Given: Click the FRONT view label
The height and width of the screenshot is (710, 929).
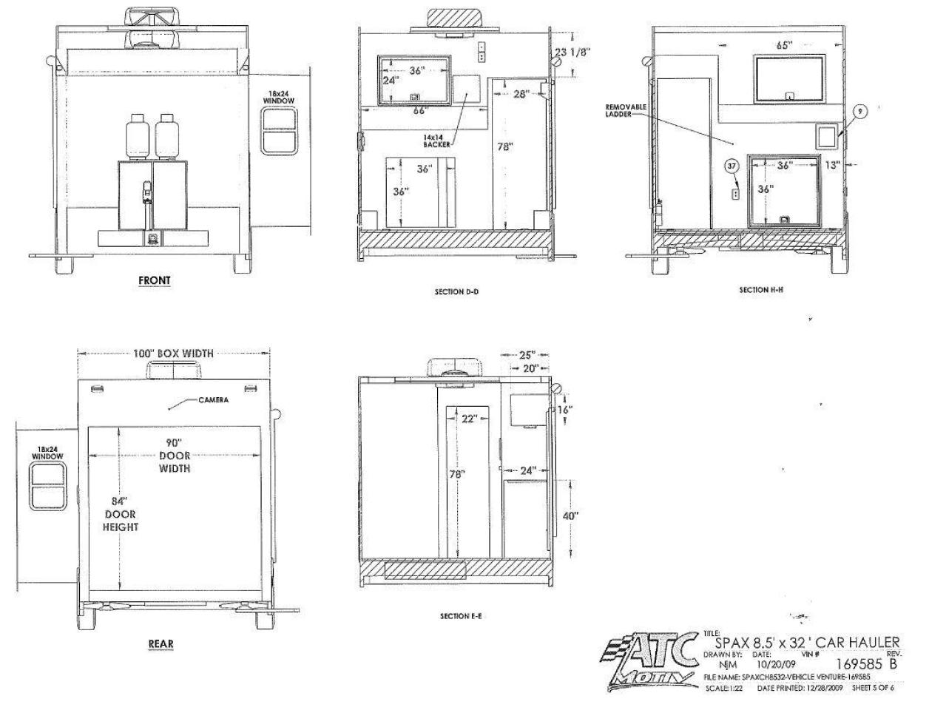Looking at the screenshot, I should (x=154, y=281).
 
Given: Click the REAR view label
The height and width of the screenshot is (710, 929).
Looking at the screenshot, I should (x=161, y=643).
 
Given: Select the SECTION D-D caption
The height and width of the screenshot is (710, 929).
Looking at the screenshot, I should (x=456, y=292).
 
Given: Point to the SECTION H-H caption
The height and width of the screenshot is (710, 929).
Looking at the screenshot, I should (x=761, y=290).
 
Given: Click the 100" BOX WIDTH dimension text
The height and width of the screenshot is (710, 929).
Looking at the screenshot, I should (x=174, y=354).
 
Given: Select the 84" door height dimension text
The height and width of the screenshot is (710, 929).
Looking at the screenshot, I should (x=121, y=513).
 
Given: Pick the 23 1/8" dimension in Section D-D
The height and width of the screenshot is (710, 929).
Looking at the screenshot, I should (x=572, y=52).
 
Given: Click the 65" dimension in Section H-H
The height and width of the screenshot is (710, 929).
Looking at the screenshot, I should (x=784, y=45).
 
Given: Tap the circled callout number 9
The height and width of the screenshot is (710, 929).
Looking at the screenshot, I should (x=859, y=111).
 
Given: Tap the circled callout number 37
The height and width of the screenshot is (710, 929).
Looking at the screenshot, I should (x=732, y=166).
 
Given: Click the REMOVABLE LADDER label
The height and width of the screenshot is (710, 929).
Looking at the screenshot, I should (x=626, y=111).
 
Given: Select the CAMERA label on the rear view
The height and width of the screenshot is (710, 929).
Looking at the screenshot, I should (x=213, y=400).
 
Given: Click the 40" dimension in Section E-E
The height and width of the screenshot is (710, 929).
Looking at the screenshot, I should (x=570, y=516).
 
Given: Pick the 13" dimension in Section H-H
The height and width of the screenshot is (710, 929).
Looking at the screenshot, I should (x=833, y=165).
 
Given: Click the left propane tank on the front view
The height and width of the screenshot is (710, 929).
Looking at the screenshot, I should (x=137, y=137).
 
